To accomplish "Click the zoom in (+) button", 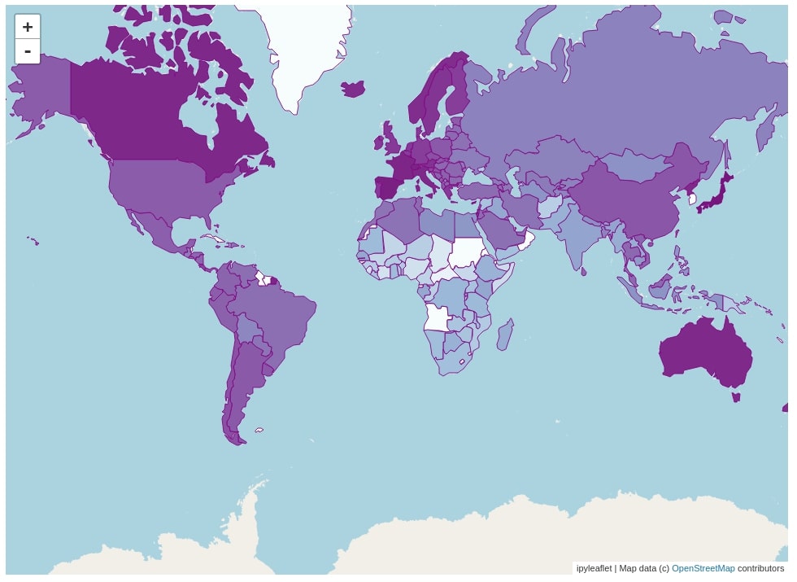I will tap(28, 27).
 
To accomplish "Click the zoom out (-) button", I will tap(28, 51).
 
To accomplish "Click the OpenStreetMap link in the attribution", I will tap(703, 568).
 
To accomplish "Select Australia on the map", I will tap(703, 354).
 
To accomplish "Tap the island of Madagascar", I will tap(504, 334).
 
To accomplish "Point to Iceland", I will tap(354, 88).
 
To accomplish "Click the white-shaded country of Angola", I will tap(438, 318).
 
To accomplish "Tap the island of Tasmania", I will tap(736, 397).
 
